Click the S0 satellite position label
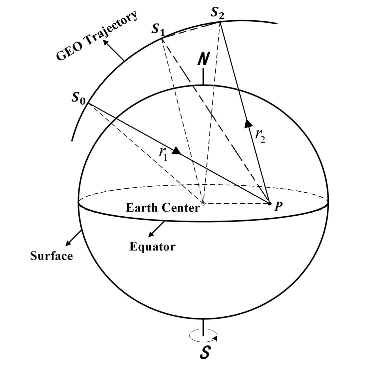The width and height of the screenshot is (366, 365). (x=79, y=98)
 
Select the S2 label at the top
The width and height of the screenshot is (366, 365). (x=218, y=13)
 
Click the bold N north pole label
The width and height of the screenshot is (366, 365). (x=203, y=59)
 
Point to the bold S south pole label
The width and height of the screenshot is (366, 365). (x=205, y=353)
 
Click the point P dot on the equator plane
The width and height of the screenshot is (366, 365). (x=270, y=203)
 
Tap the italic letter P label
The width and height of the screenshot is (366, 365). (x=279, y=207)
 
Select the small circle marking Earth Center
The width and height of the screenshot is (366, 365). (x=203, y=203)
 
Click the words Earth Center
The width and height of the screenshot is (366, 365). (x=163, y=208)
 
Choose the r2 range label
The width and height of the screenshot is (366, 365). (x=260, y=135)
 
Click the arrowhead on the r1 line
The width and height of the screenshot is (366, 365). (x=176, y=151)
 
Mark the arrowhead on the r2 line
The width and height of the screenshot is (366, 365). (x=248, y=123)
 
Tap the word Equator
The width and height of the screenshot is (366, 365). (x=152, y=247)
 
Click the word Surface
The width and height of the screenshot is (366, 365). (x=52, y=256)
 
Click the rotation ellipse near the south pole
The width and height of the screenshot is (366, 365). (x=203, y=335)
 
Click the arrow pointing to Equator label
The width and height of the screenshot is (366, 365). (x=157, y=229)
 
